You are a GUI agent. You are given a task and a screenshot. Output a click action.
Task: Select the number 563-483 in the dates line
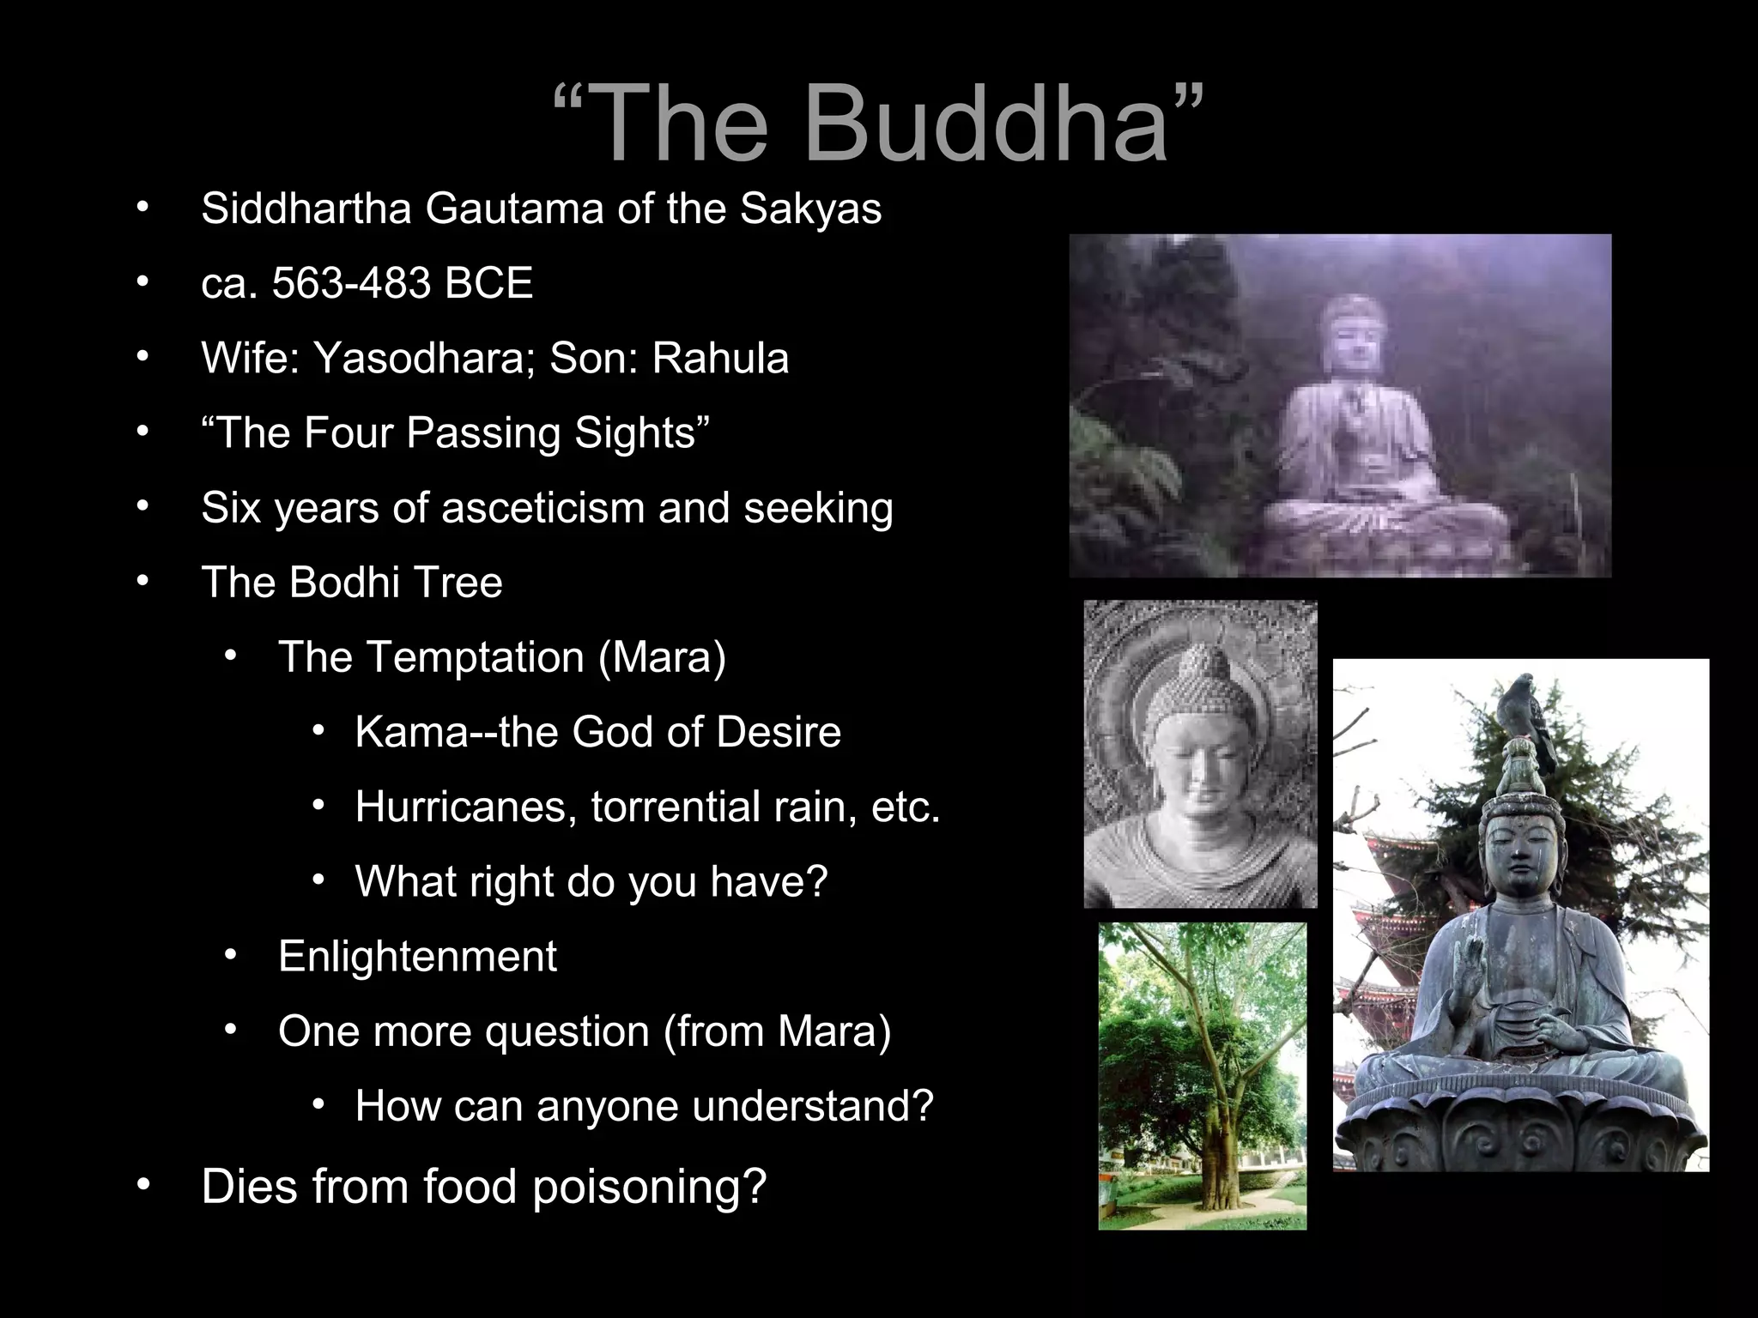coord(351,283)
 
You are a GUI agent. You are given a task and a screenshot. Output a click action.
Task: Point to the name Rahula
coord(719,359)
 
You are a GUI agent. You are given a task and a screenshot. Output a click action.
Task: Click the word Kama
coord(411,733)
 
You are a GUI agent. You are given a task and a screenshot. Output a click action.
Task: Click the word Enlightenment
coord(417,957)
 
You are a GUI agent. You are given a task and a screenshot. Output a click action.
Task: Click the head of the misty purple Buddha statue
coord(1353,335)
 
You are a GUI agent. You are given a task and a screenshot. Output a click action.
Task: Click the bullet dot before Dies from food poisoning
coord(142,1185)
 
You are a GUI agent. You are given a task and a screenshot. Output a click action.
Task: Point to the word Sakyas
coord(810,209)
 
